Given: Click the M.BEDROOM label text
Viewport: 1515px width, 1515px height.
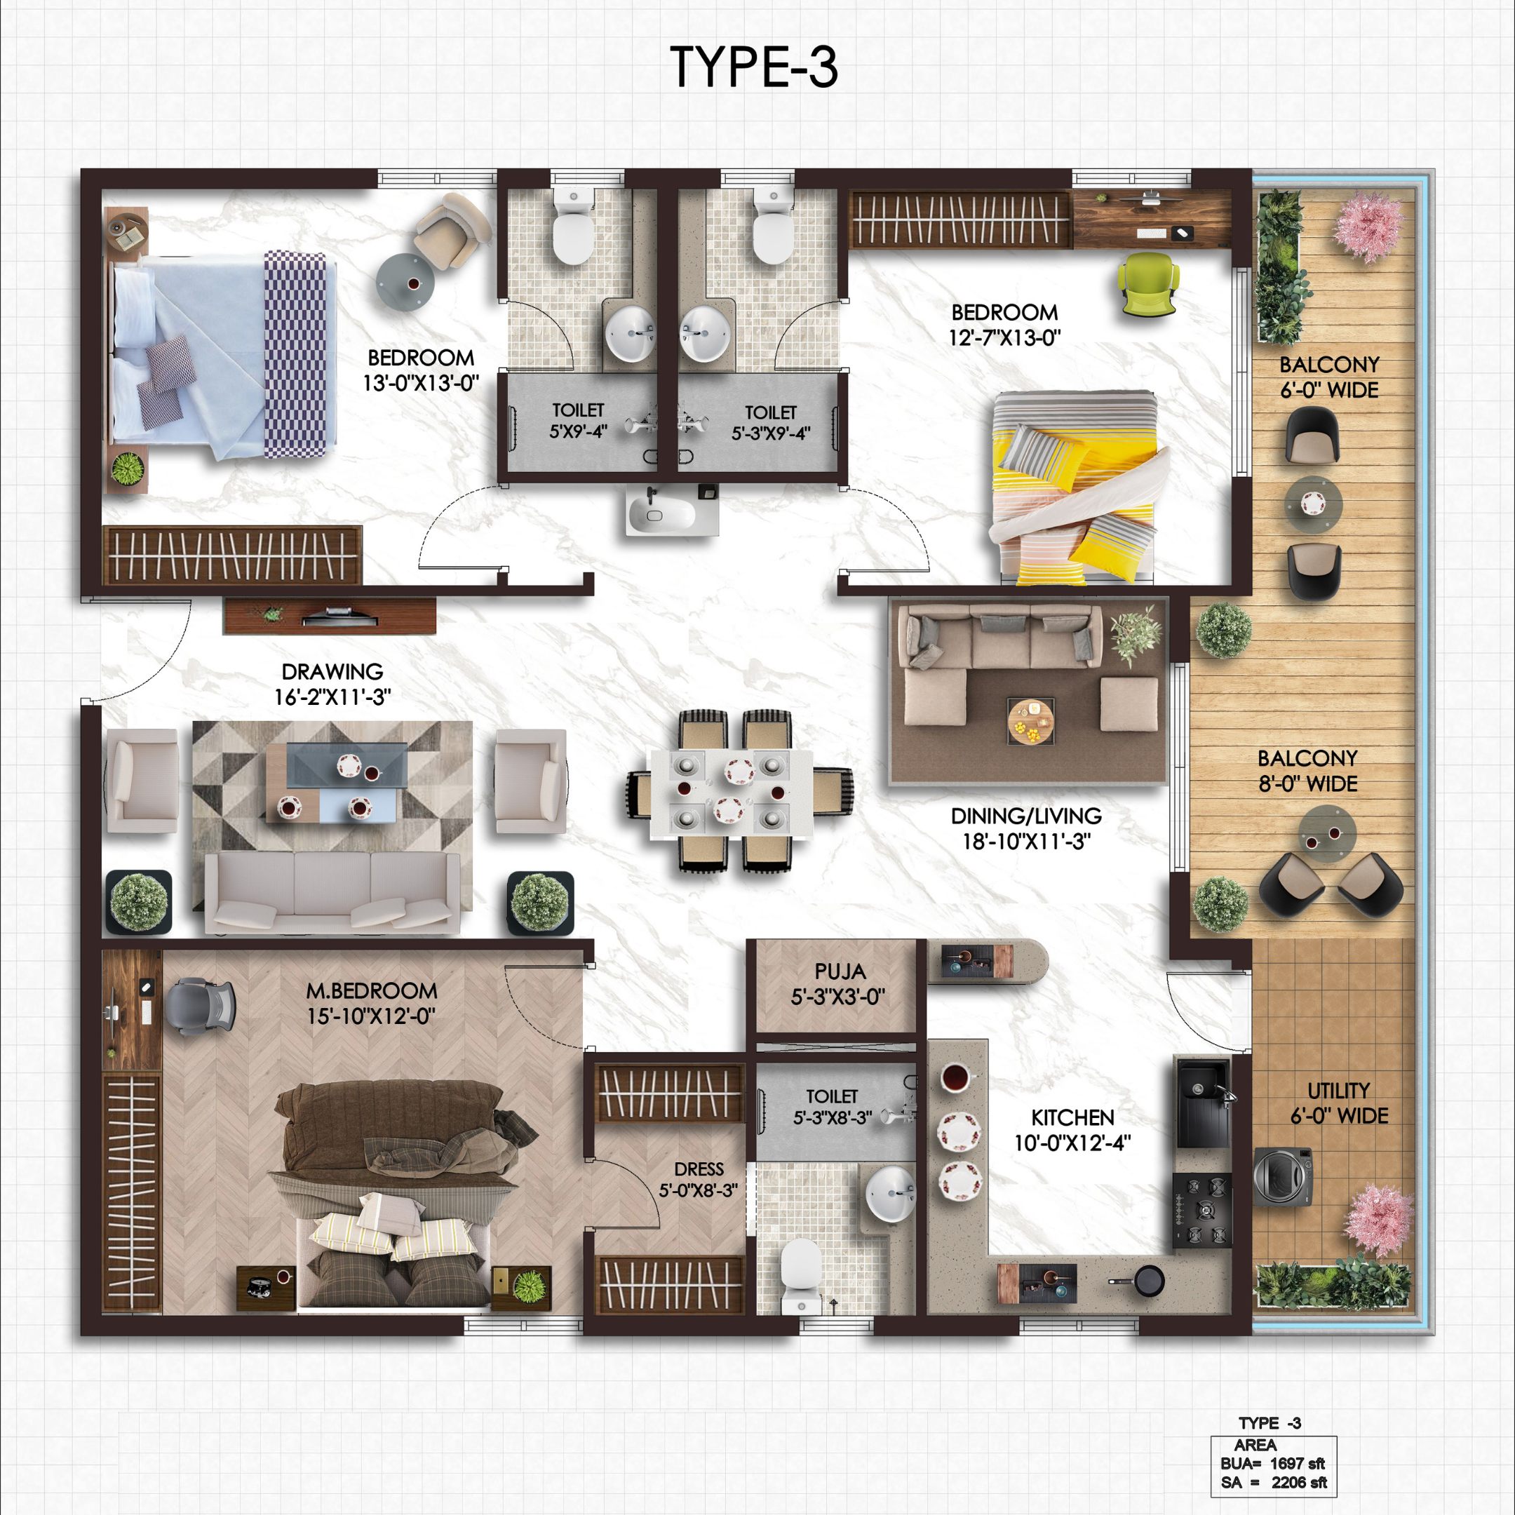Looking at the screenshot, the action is tap(371, 990).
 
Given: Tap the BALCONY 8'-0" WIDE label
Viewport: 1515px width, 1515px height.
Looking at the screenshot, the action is tap(1308, 771).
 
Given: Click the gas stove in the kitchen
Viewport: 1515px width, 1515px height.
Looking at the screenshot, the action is tap(1201, 1210).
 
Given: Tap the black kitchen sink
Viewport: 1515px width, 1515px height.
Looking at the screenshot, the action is tap(1203, 1102).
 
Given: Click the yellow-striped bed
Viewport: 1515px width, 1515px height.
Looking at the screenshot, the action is tap(1075, 487).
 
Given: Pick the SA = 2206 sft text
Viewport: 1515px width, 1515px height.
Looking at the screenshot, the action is tap(1274, 1482).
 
